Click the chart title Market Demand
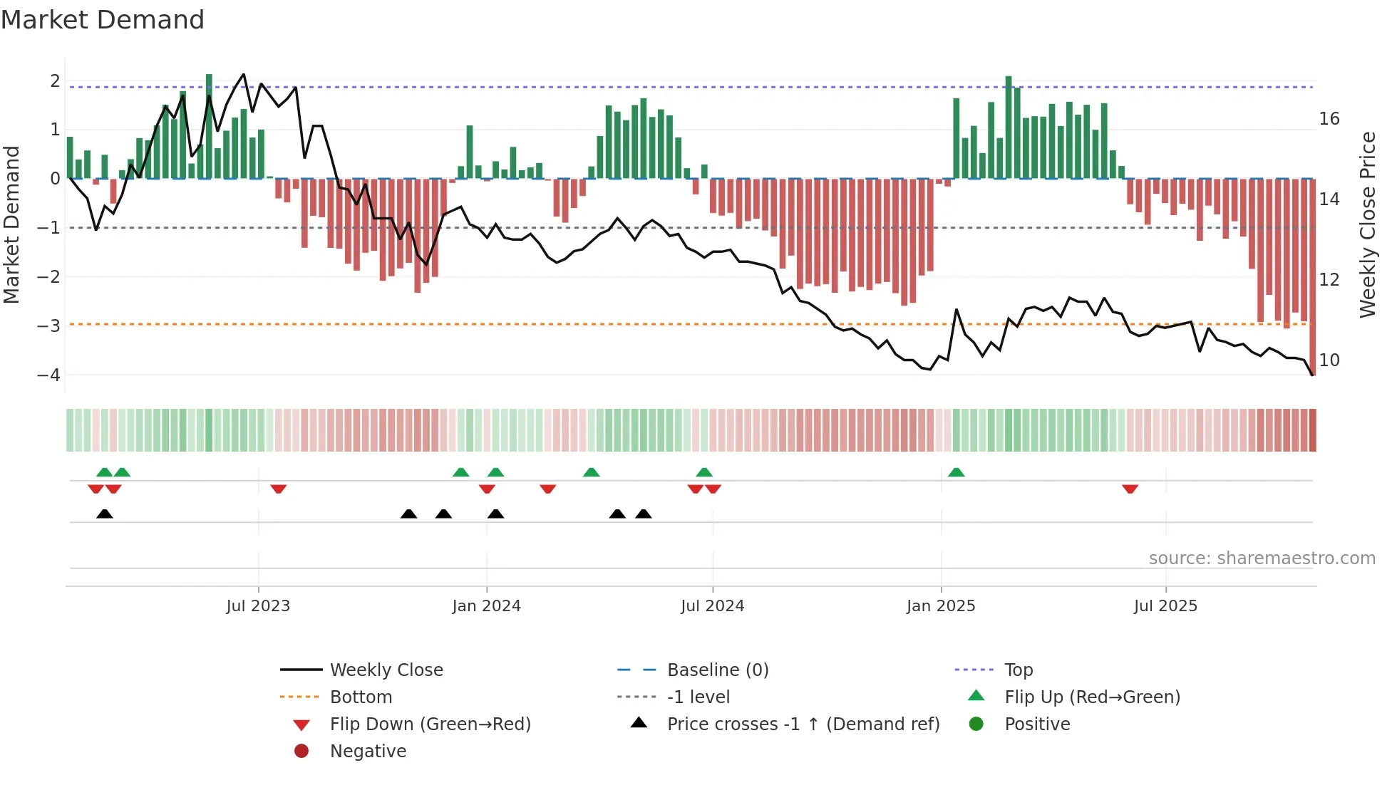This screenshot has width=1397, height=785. coord(103,20)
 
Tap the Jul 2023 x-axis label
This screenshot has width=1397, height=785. coord(258,606)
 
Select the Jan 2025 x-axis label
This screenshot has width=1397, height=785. coord(941,606)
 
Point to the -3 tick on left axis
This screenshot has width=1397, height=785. coord(48,326)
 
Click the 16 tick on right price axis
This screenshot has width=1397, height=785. coord(1329,118)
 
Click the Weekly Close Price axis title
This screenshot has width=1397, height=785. coord(1367,224)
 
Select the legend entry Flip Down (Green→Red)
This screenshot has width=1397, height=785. coord(430,724)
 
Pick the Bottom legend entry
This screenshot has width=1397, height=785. coord(361,697)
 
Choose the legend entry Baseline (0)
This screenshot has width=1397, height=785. coord(718,670)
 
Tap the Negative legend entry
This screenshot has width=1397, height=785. coord(368,752)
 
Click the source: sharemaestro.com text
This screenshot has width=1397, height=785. coord(1262,558)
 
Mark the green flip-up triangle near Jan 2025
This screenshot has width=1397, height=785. coord(957,472)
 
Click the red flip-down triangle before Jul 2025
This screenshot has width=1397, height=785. coord(1130,489)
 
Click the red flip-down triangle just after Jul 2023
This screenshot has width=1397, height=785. coord(279,489)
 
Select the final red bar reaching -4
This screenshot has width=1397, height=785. coord(1313,278)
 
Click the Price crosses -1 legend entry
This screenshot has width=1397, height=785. coord(803,724)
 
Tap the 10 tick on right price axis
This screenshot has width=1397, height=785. coord(1329,360)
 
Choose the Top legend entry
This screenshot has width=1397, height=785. coord(1019,670)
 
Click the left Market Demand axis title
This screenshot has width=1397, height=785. coord(11,224)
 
